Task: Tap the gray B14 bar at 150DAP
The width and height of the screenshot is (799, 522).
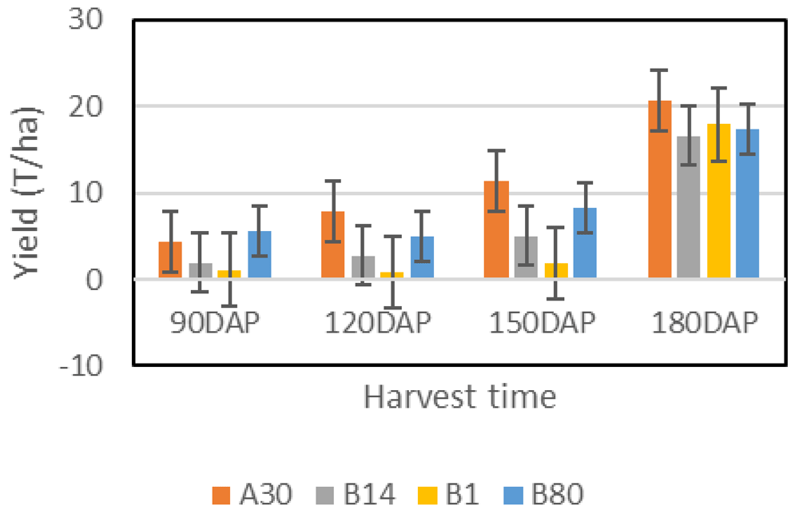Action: coord(526,257)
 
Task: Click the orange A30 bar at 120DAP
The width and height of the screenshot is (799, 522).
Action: coord(333,245)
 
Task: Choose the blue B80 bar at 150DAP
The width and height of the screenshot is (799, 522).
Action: coord(585,243)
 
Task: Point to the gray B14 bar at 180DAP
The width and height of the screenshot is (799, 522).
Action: coord(689,207)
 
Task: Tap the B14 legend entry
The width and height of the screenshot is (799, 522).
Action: coord(360,494)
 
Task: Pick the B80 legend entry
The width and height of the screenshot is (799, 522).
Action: coord(547,494)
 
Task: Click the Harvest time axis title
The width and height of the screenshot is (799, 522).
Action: coord(459,396)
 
